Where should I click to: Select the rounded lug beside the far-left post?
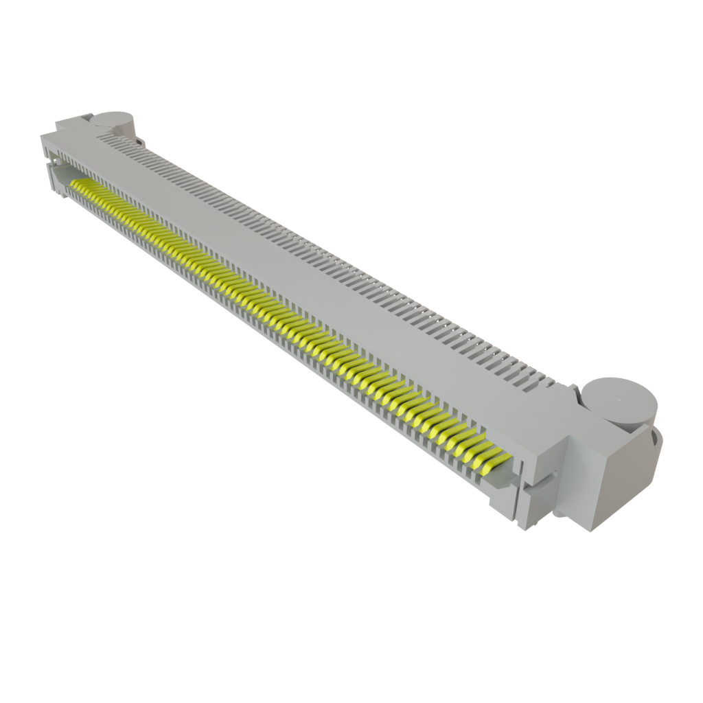(x=141, y=141)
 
